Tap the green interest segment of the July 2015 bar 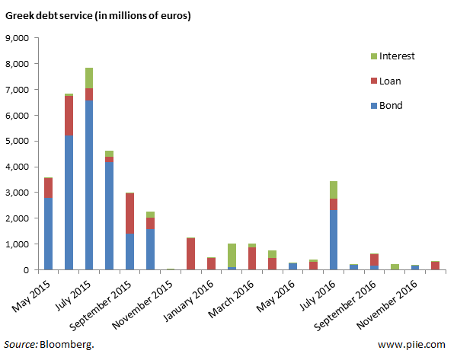click(90, 78)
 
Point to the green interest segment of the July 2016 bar click(334, 190)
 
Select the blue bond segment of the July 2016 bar click(334, 240)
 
